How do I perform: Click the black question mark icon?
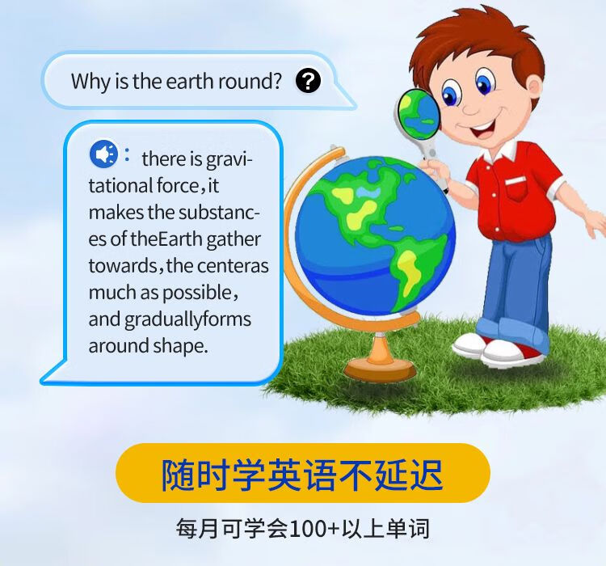coord(308,81)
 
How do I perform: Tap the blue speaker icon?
coord(103,154)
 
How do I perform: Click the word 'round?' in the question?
coord(250,81)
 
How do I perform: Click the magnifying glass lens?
coord(418,114)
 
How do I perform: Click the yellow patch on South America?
coord(409,271)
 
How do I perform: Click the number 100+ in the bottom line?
coord(314,528)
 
